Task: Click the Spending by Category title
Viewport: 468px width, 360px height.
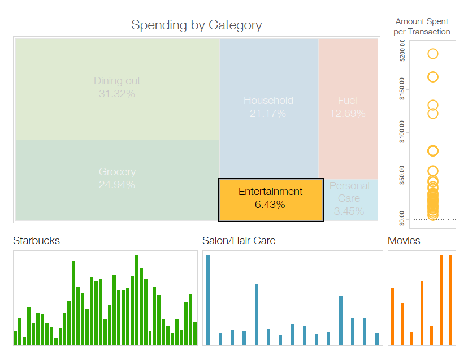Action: click(x=196, y=25)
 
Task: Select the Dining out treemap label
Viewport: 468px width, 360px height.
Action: click(x=117, y=81)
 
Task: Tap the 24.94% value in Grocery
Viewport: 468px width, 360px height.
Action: click(x=117, y=185)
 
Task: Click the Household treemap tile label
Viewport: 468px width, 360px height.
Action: click(x=268, y=101)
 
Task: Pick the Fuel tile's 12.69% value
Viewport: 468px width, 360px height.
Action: click(x=348, y=114)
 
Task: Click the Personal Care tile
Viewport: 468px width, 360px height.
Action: click(x=349, y=198)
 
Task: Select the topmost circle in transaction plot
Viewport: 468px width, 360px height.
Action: click(x=433, y=54)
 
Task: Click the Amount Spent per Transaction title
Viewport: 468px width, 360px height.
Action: click(x=422, y=27)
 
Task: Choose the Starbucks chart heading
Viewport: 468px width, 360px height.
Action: click(x=36, y=241)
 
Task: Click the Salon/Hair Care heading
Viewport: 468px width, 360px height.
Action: click(x=239, y=241)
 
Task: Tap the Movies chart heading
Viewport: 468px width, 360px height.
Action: click(x=404, y=241)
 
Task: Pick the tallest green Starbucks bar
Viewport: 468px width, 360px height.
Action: click(x=137, y=300)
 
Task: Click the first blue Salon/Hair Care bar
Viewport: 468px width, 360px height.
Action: click(x=208, y=300)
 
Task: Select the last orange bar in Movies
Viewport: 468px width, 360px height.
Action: click(x=450, y=300)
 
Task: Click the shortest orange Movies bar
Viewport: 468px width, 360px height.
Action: click(x=411, y=339)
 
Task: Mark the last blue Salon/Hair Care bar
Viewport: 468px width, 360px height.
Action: click(x=376, y=339)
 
